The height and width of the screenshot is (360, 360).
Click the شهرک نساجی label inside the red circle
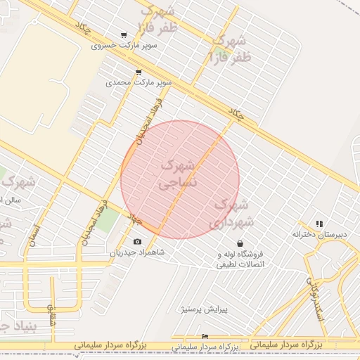(179, 175)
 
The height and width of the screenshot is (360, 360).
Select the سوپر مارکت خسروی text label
(124, 46)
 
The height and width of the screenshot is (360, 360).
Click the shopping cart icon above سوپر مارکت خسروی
(124, 35)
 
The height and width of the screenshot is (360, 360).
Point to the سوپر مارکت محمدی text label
(139, 83)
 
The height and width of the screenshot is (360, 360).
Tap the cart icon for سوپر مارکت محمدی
(138, 72)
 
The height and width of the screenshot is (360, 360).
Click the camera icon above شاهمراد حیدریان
(137, 242)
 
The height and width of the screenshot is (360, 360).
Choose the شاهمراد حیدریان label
(136, 252)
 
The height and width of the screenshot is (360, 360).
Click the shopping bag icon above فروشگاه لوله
(241, 243)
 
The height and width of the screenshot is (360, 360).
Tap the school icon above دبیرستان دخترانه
(320, 224)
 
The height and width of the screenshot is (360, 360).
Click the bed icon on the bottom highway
(205, 337)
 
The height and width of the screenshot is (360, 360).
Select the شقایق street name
(50, 314)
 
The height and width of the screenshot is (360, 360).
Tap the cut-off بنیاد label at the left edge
(13, 326)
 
